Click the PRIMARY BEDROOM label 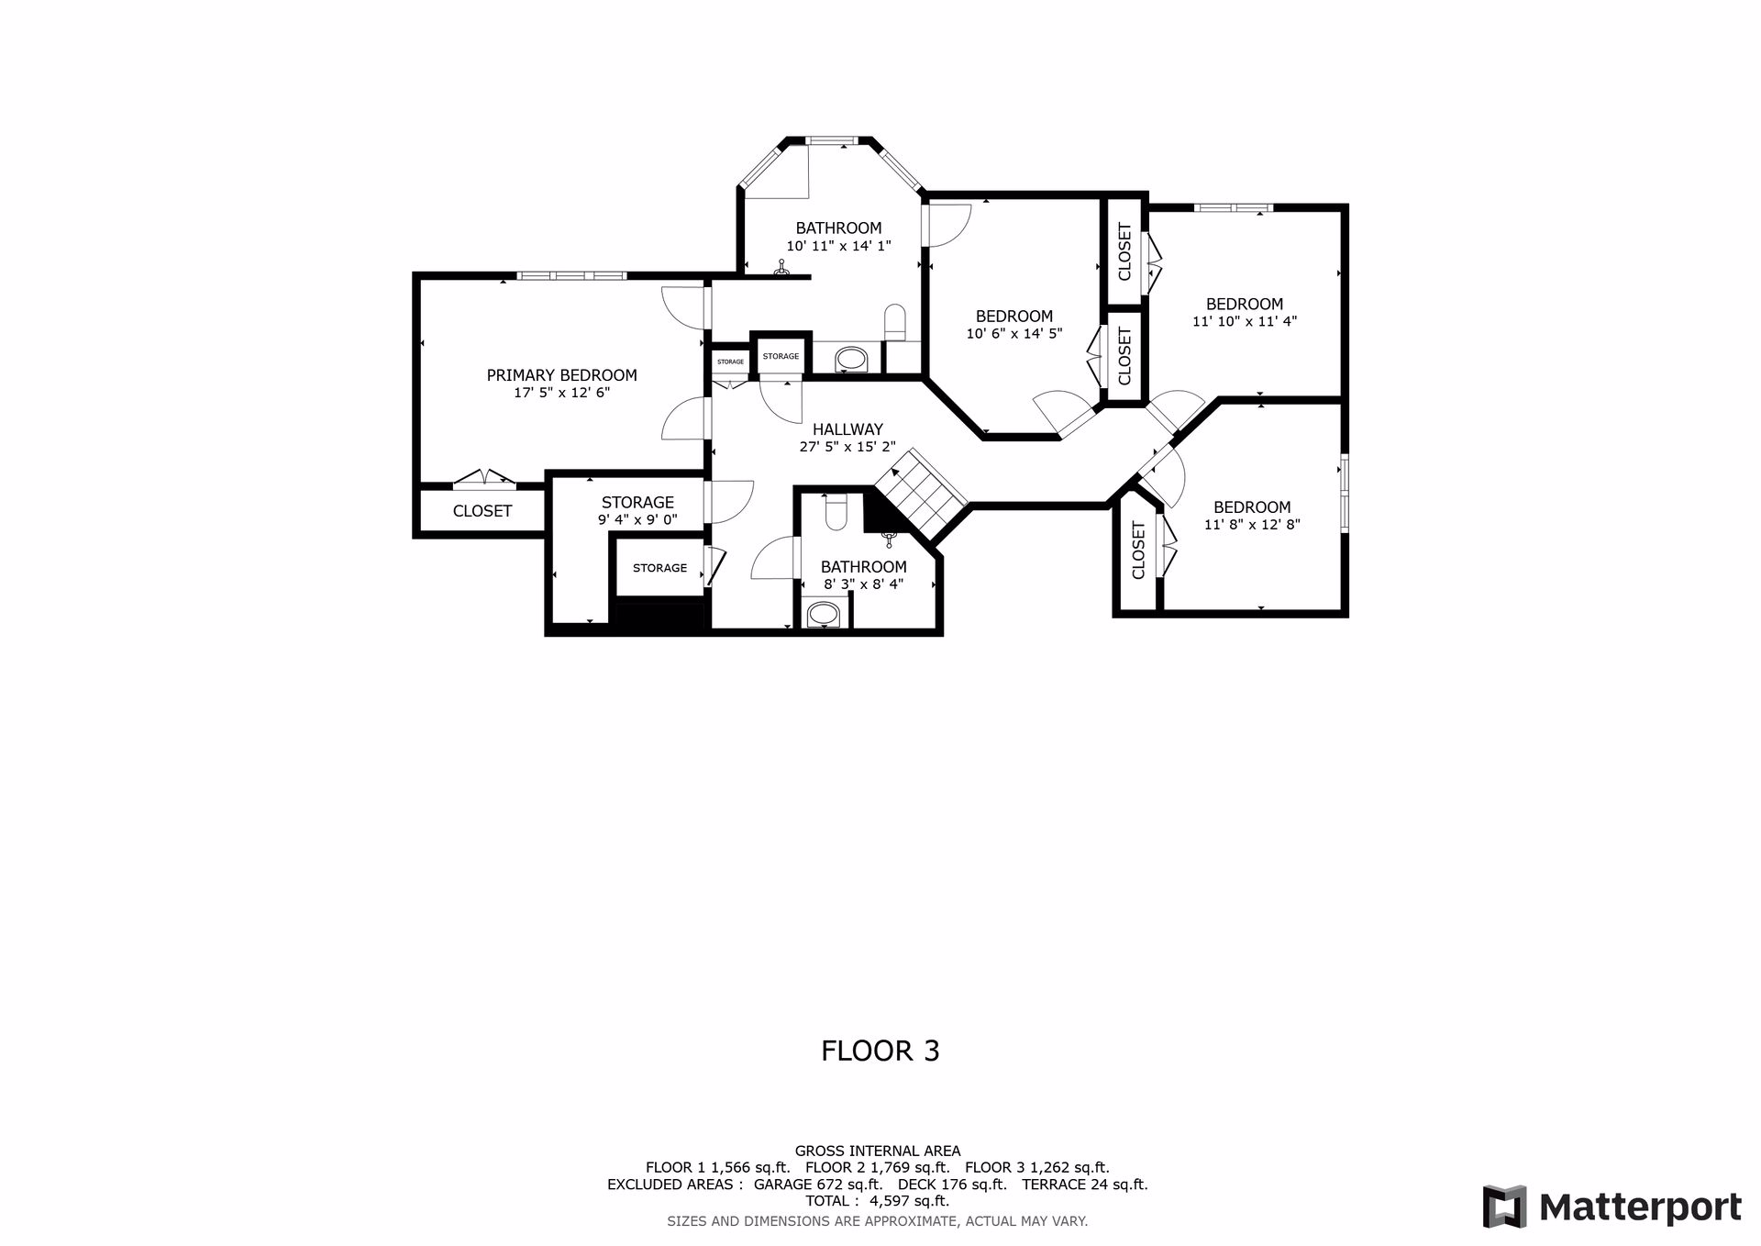[x=561, y=375]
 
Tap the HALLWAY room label [x=847, y=429]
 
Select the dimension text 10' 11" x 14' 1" [x=838, y=246]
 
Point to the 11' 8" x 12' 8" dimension [x=1252, y=525]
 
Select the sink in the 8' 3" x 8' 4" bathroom [x=823, y=615]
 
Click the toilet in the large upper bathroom [x=895, y=323]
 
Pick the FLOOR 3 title [x=880, y=1051]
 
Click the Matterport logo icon [x=1505, y=1207]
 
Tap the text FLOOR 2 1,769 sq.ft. [x=877, y=1168]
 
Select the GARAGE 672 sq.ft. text [x=818, y=1185]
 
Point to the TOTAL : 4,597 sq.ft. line [x=878, y=1201]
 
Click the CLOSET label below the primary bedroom [x=482, y=511]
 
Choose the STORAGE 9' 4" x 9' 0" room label [x=637, y=510]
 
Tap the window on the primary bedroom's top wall [x=571, y=275]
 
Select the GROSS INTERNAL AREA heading [x=878, y=1151]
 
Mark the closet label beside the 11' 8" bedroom [x=1139, y=550]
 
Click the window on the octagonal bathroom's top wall [x=831, y=140]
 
